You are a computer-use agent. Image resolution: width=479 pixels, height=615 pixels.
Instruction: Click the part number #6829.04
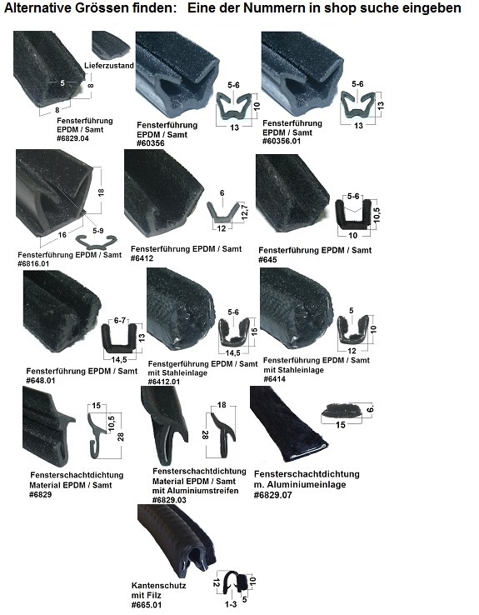73,138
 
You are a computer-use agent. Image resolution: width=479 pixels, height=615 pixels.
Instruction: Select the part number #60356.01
282,141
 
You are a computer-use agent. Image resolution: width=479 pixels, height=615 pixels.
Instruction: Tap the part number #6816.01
33,263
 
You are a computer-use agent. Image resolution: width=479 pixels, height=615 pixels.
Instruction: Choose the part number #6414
274,379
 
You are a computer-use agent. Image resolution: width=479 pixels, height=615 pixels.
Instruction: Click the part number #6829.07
273,495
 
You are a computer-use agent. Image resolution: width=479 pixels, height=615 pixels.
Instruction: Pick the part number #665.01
147,605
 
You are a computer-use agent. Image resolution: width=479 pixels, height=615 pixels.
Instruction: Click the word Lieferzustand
109,66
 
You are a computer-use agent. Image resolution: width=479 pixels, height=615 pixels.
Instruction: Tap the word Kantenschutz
159,586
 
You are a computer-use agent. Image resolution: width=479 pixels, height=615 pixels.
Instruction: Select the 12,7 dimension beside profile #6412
245,213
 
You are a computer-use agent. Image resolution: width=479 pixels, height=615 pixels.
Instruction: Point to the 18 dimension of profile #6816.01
101,192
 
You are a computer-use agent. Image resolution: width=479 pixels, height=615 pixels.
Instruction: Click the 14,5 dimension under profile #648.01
119,360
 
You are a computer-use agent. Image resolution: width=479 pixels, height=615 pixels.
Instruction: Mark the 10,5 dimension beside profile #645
377,215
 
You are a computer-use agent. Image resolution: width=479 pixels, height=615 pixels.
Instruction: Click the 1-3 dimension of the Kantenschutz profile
231,604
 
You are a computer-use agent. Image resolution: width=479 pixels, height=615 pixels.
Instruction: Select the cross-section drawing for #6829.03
222,434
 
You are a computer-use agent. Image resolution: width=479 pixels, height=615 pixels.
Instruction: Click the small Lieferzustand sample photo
111,45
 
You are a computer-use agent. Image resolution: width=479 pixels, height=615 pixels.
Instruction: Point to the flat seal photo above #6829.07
288,422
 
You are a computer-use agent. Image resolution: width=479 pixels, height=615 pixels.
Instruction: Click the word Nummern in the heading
274,7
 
